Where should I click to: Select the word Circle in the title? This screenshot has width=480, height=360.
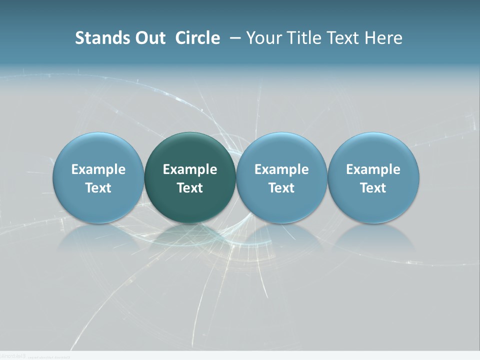point(197,38)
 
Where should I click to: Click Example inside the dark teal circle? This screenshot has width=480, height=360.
point(190,169)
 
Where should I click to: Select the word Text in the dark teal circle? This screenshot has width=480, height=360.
point(190,188)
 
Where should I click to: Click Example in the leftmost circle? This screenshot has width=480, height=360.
point(98,169)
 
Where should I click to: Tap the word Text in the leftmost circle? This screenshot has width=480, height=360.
point(98,188)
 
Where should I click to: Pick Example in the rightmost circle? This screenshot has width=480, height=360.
point(373,169)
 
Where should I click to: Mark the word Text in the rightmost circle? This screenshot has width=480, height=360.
point(373,188)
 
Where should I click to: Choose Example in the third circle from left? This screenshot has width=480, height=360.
point(281,169)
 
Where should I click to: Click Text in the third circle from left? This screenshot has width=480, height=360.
point(281,188)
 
